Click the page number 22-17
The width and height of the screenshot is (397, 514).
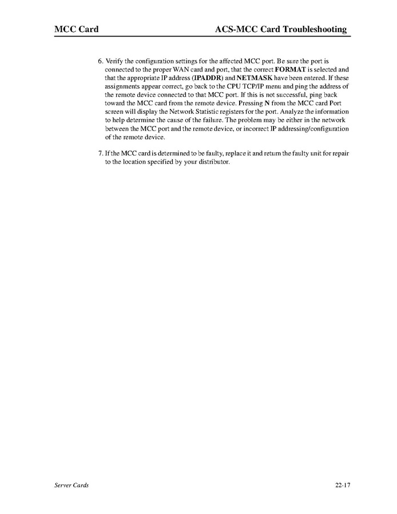343,485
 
